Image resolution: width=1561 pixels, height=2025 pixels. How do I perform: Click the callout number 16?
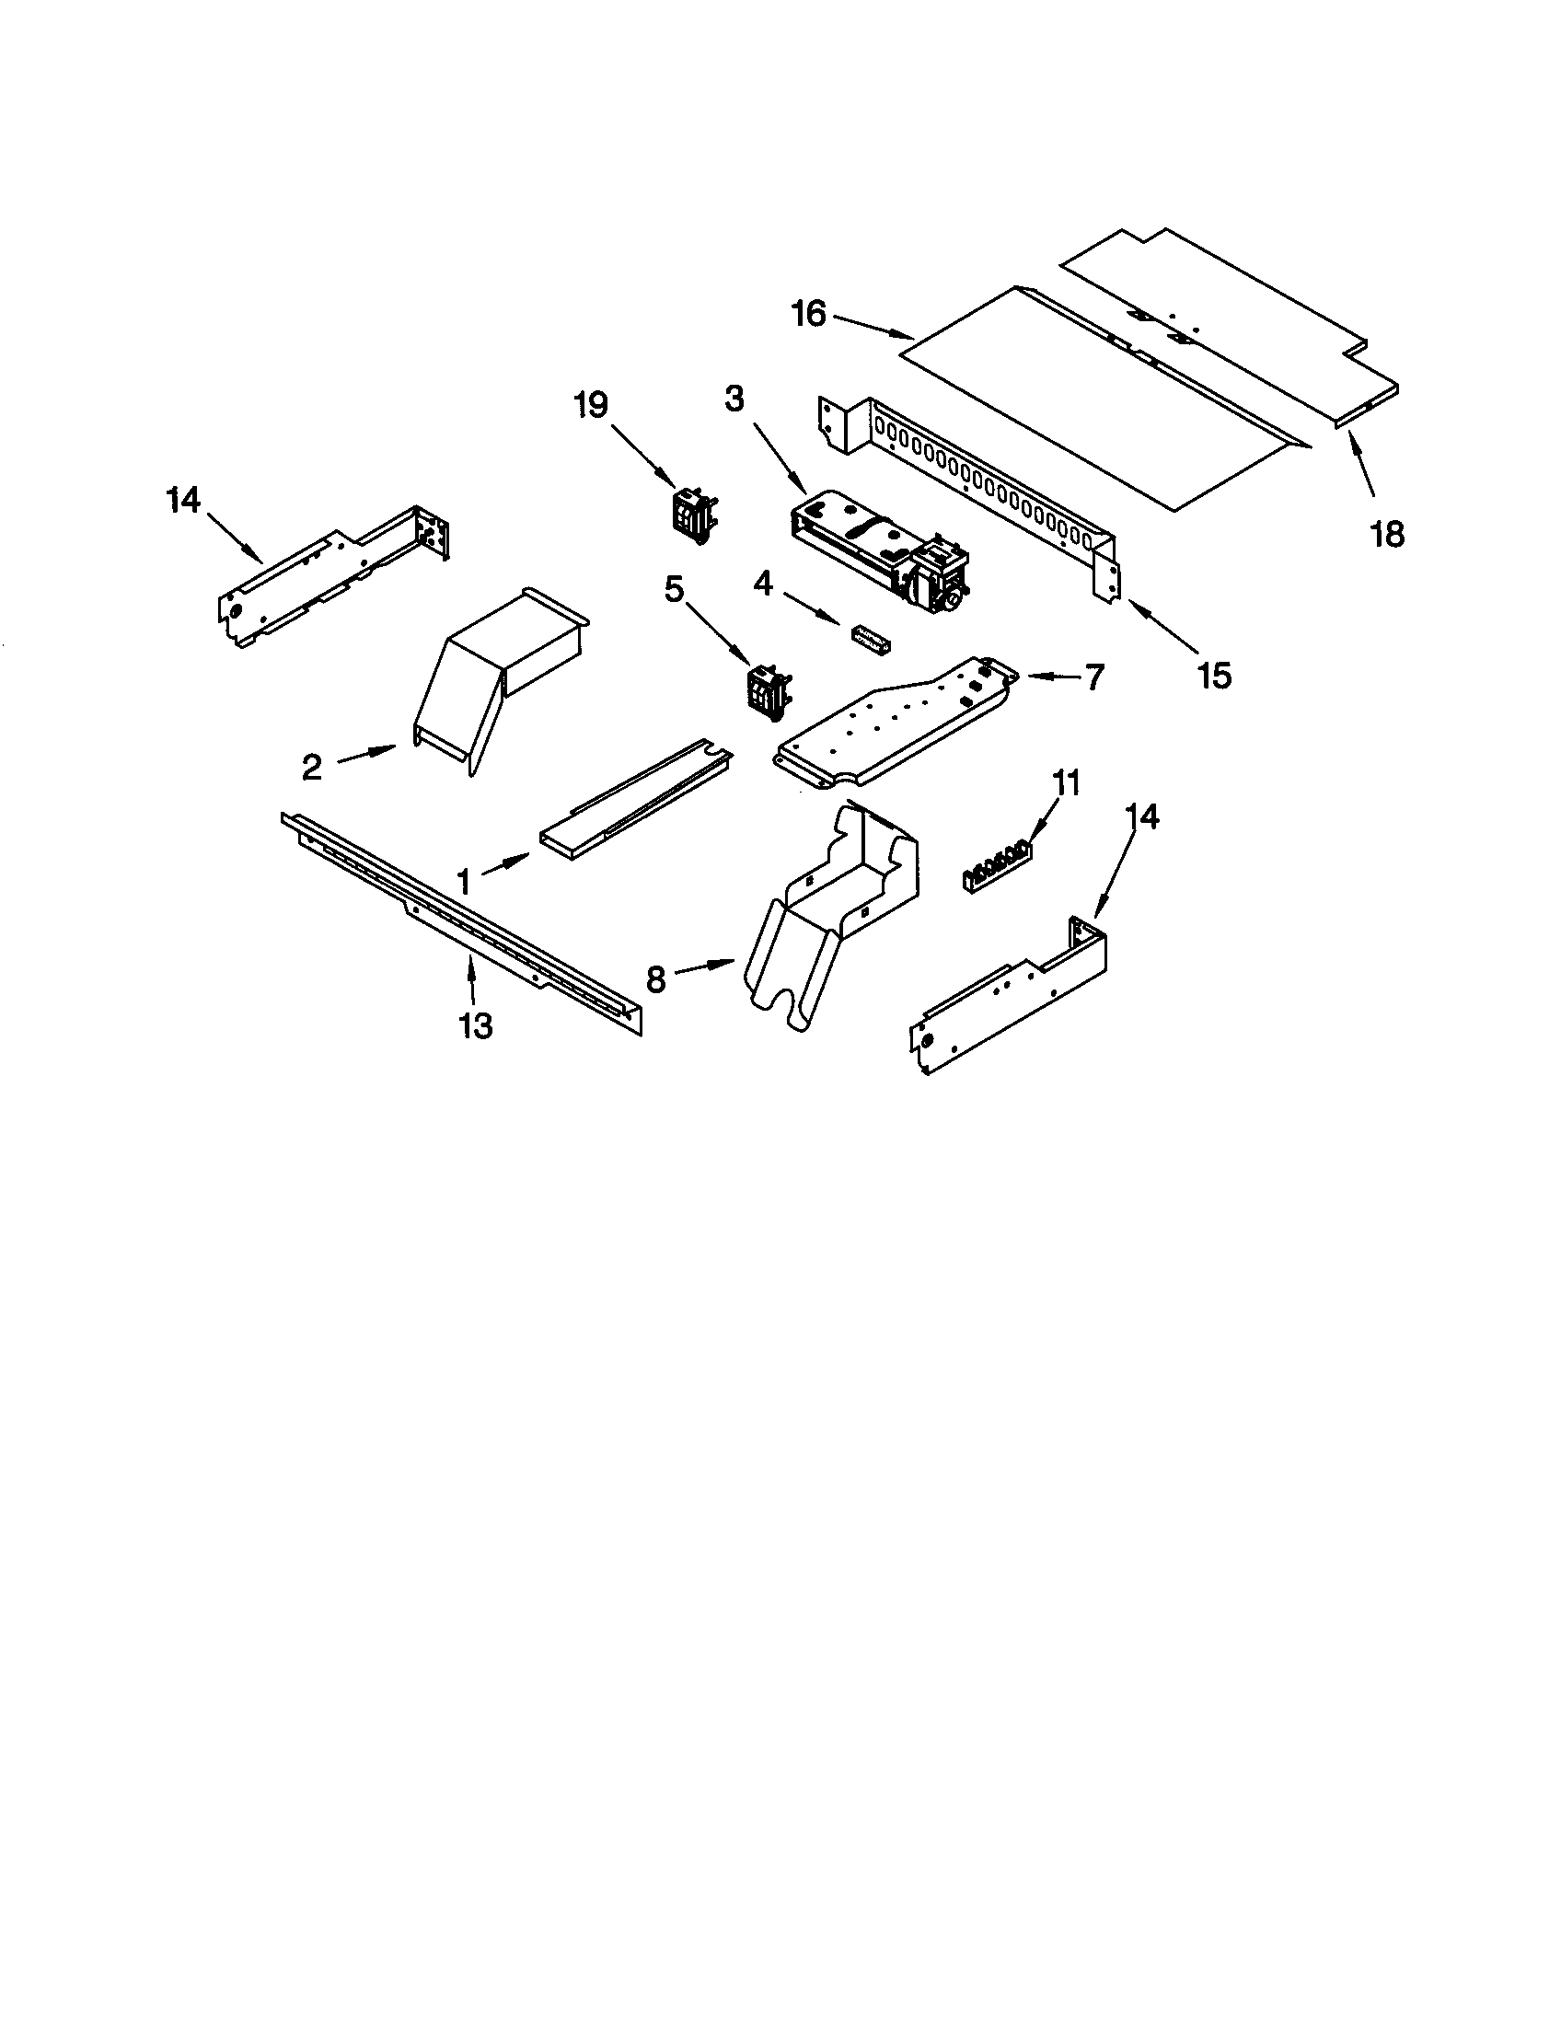click(x=808, y=314)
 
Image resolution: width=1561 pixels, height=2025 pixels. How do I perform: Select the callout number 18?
click(x=1388, y=534)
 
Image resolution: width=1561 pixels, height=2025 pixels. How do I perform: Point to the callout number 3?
click(x=734, y=399)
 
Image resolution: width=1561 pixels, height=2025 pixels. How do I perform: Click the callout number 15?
click(x=1214, y=676)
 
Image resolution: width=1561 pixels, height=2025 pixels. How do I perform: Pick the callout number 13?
click(x=475, y=1025)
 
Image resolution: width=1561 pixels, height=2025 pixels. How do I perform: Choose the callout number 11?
click(x=1066, y=783)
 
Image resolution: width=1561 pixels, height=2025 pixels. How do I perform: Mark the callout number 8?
click(x=656, y=979)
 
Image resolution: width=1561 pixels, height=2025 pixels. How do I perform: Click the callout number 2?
click(x=312, y=767)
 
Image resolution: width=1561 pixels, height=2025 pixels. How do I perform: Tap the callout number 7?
click(x=1094, y=677)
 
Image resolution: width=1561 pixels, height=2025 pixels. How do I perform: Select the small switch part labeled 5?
click(x=769, y=689)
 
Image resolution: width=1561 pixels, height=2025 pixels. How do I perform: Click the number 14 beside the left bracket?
click(x=183, y=501)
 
